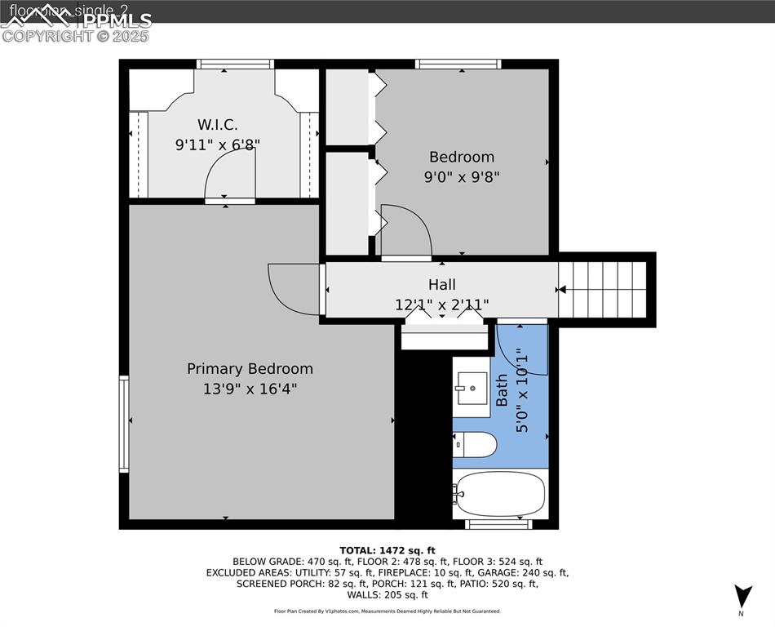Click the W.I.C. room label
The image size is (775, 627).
[217, 125]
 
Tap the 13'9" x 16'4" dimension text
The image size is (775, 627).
[250, 389]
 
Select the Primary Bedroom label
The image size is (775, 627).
[250, 369]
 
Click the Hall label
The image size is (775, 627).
[442, 285]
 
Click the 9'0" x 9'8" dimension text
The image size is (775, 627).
[462, 176]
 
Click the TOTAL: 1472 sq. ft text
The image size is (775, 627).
[387, 550]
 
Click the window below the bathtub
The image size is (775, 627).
[498, 524]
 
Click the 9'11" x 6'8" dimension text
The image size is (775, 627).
[217, 145]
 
